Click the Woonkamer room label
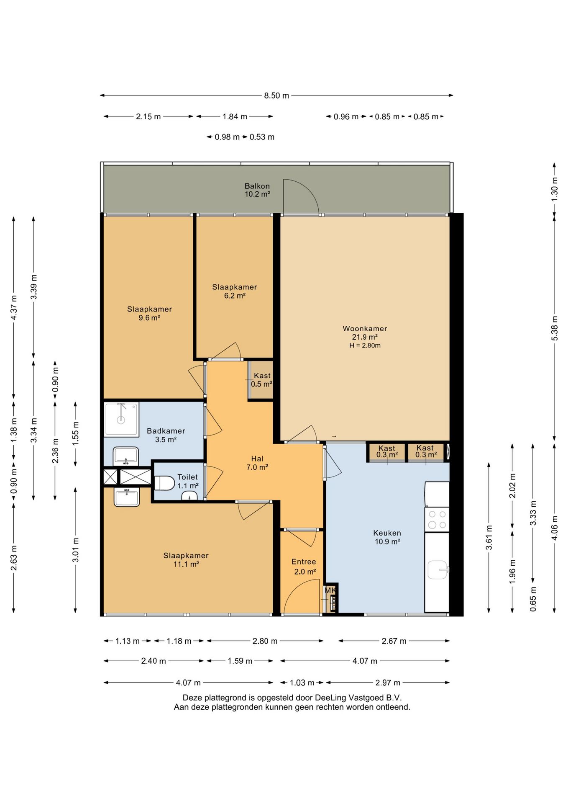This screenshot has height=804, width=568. pos(365,329)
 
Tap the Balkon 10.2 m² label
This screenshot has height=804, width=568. pos(257,190)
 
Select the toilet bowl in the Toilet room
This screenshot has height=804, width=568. pos(164,483)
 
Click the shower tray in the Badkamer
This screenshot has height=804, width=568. pos(121,419)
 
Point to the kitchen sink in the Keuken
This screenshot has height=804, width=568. pos(438,569)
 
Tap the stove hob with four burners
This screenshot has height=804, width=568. pos(437,520)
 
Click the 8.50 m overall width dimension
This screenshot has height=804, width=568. pos(276,95)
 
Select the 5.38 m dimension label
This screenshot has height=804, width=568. pos(555,327)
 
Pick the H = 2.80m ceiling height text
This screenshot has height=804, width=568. pos(365,345)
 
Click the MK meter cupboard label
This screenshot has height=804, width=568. pos(330,590)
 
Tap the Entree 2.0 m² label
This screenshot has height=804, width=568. pos(304,567)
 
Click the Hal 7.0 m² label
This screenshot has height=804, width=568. pos(257,463)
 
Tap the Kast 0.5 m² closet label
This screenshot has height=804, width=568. pos(262,380)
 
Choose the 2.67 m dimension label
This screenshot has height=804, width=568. pos(394,641)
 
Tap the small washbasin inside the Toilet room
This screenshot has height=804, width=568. pos(189,496)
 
